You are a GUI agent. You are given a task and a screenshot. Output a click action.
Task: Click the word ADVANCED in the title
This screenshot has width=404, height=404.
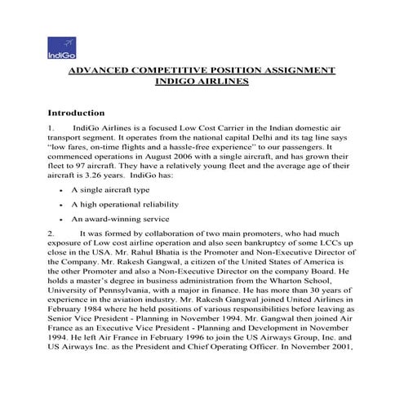102,71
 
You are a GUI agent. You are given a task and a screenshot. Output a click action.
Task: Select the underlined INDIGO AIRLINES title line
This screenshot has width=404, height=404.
201,82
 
